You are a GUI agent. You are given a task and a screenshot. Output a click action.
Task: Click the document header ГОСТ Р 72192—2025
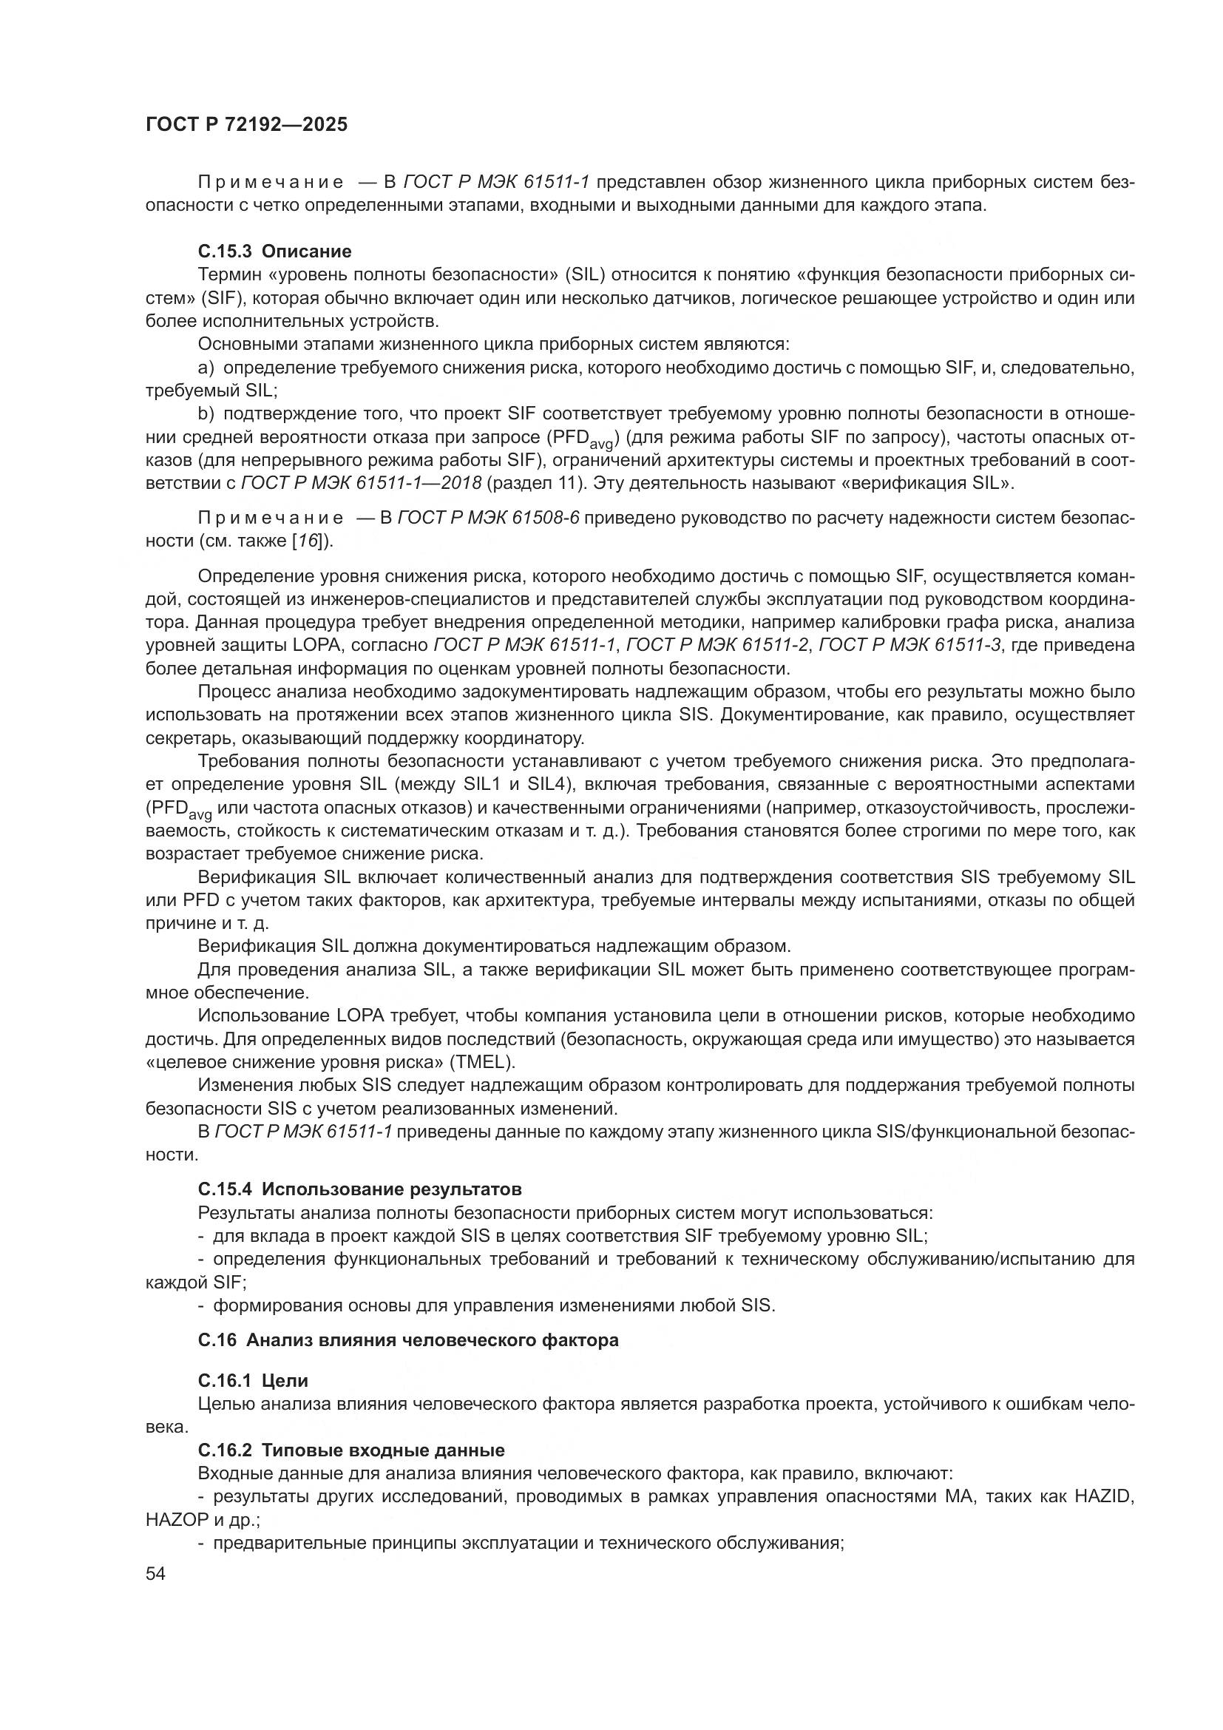click(x=246, y=125)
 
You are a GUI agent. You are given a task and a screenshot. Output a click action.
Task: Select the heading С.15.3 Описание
click(x=275, y=251)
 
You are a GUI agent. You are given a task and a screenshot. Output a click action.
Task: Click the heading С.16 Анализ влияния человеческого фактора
click(x=408, y=1339)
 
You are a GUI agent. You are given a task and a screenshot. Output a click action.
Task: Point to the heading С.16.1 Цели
click(x=253, y=1380)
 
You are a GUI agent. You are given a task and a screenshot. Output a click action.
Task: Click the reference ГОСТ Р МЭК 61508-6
click(x=488, y=518)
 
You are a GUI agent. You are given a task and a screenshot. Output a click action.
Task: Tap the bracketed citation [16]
click(x=311, y=540)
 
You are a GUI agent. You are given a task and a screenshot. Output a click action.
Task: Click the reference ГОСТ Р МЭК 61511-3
click(x=909, y=645)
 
